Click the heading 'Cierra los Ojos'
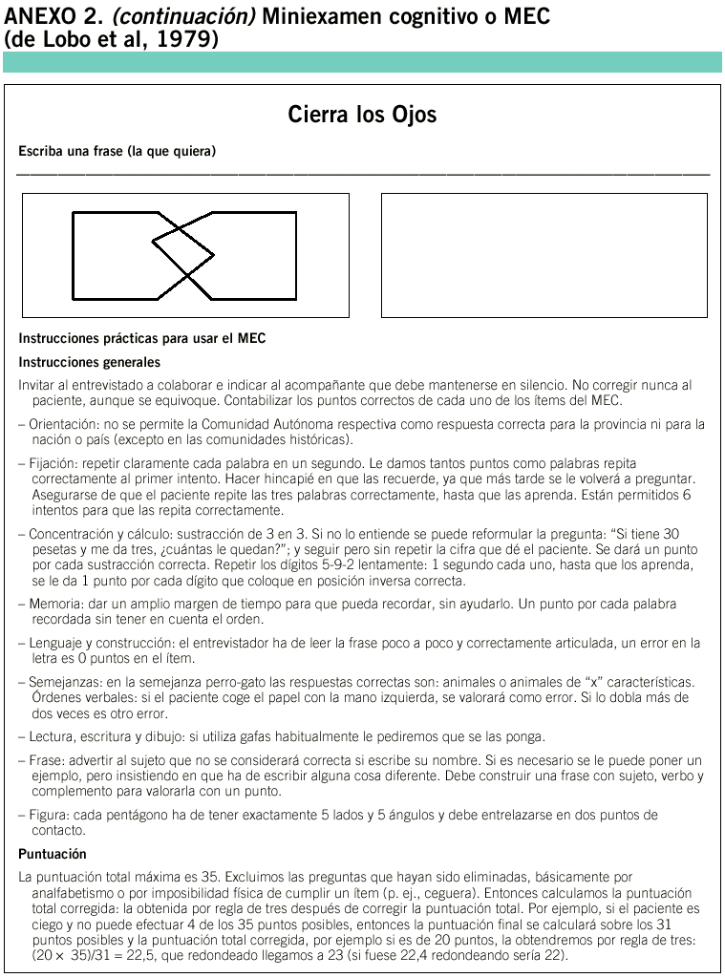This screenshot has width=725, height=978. (362, 116)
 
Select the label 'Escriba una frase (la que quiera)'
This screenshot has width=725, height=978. (117, 151)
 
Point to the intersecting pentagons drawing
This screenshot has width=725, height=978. (184, 255)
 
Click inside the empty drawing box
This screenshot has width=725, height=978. (544, 255)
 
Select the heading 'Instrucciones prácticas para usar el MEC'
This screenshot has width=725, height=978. (142, 339)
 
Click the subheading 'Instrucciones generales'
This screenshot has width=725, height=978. (89, 362)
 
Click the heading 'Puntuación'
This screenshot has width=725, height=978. (53, 854)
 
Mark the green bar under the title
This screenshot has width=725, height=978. (362, 63)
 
